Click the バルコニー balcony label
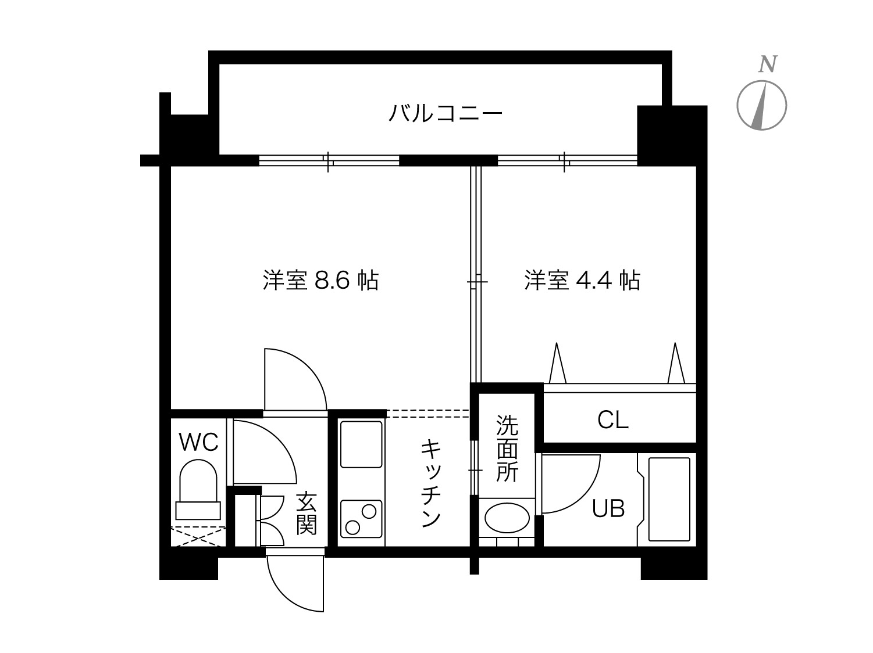pyautogui.click(x=445, y=113)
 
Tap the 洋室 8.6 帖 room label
pyautogui.click(x=320, y=281)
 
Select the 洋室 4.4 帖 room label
pyautogui.click(x=582, y=281)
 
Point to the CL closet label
pyautogui.click(x=613, y=420)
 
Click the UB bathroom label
pyautogui.click(x=608, y=508)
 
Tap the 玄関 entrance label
pyautogui.click(x=306, y=513)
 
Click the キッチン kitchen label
pyautogui.click(x=432, y=483)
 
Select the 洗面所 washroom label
pyautogui.click(x=507, y=449)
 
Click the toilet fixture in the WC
pyautogui.click(x=198, y=489)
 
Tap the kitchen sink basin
pyautogui.click(x=361, y=444)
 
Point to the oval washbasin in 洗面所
pyautogui.click(x=507, y=518)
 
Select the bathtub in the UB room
pyautogui.click(x=669, y=499)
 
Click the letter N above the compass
pyautogui.click(x=768, y=64)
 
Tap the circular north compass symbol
pyautogui.click(x=762, y=105)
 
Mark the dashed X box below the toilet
pyautogui.click(x=198, y=537)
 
